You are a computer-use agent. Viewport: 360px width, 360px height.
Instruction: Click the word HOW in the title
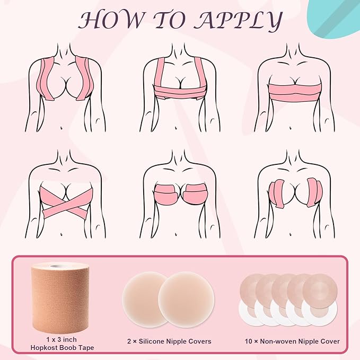[111, 21]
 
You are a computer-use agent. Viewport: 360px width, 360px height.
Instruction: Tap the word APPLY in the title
[238, 21]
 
